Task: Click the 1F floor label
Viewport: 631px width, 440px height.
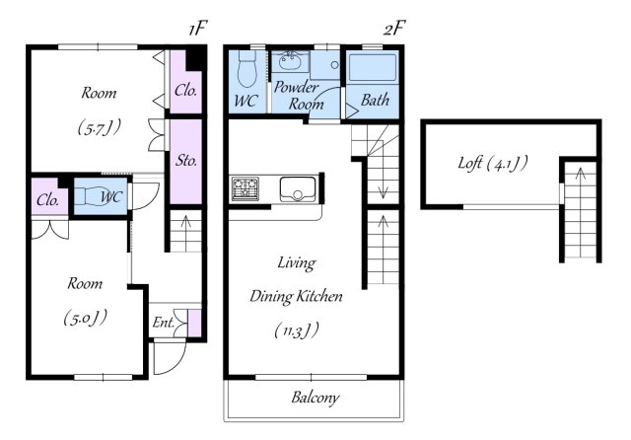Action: (x=197, y=29)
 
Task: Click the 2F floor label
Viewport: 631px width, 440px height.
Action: (x=393, y=29)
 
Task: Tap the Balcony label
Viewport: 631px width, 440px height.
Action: (x=315, y=398)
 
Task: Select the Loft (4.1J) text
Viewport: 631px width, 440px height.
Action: (x=493, y=163)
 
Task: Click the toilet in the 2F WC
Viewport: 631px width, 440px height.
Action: (x=247, y=68)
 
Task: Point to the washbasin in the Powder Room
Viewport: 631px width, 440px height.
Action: (x=290, y=61)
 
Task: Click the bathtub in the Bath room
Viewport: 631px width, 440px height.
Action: (x=373, y=67)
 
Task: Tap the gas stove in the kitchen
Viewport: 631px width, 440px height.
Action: (x=245, y=188)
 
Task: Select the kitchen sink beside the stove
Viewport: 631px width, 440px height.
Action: (x=298, y=188)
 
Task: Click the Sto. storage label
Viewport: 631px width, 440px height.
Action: (x=186, y=161)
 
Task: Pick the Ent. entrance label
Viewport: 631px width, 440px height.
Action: (x=163, y=322)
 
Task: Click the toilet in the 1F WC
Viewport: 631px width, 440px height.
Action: (x=97, y=196)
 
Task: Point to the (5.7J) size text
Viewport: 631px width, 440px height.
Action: (x=100, y=127)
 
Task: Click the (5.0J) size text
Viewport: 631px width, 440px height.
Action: (x=86, y=318)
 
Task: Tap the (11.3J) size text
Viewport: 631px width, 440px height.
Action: (x=297, y=330)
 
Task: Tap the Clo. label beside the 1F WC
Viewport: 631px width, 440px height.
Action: (x=48, y=199)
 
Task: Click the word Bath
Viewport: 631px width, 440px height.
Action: (x=375, y=100)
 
